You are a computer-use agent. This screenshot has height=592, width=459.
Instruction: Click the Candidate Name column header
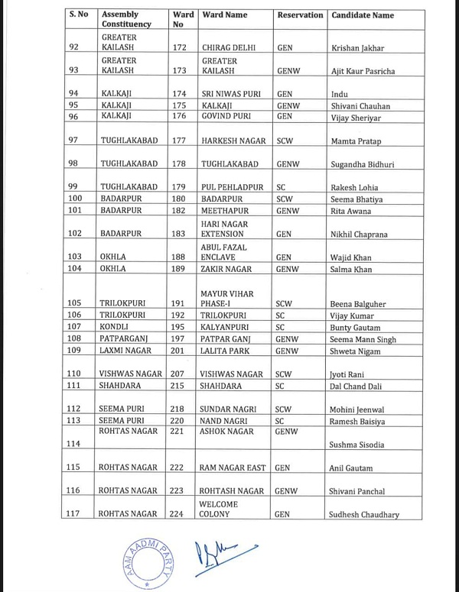pos(362,15)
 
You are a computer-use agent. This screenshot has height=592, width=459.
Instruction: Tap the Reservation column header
pos(299,15)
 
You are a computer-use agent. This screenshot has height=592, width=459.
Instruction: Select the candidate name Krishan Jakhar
pos(357,48)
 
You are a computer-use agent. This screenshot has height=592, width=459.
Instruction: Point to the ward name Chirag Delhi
pos(229,48)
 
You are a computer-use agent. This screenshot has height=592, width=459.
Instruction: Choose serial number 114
pos(73,444)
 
